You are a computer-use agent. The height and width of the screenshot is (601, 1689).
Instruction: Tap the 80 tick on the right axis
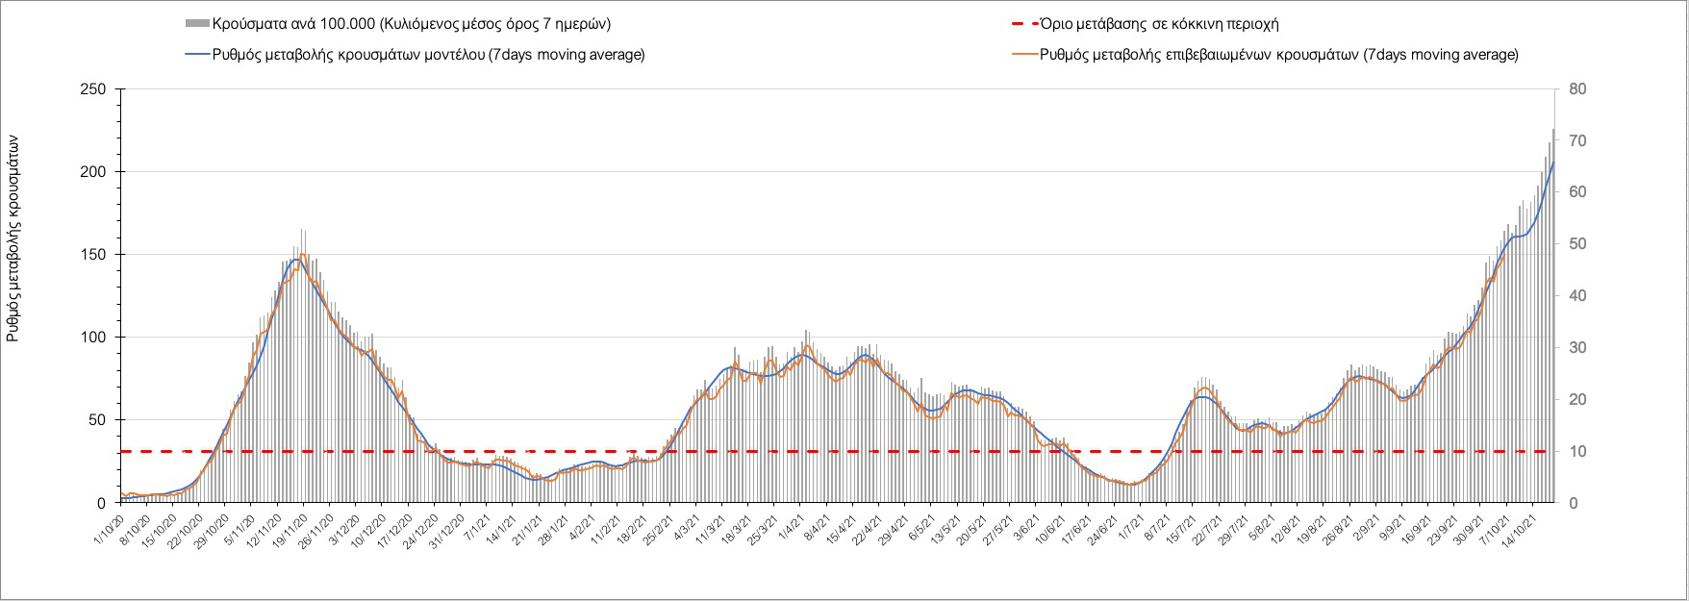pos(1578,89)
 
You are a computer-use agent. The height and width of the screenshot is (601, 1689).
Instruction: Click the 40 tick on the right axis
pos(1578,296)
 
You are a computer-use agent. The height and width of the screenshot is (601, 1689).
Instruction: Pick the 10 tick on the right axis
pos(1578,451)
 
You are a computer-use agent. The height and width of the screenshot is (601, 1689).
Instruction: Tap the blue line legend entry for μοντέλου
pos(427,55)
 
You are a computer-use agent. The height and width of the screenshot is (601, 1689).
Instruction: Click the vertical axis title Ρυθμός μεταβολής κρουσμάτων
pos(13,239)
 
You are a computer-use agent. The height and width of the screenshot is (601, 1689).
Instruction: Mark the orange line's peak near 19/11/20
pos(303,255)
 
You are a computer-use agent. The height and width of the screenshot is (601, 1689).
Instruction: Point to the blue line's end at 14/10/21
pos(1552,163)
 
